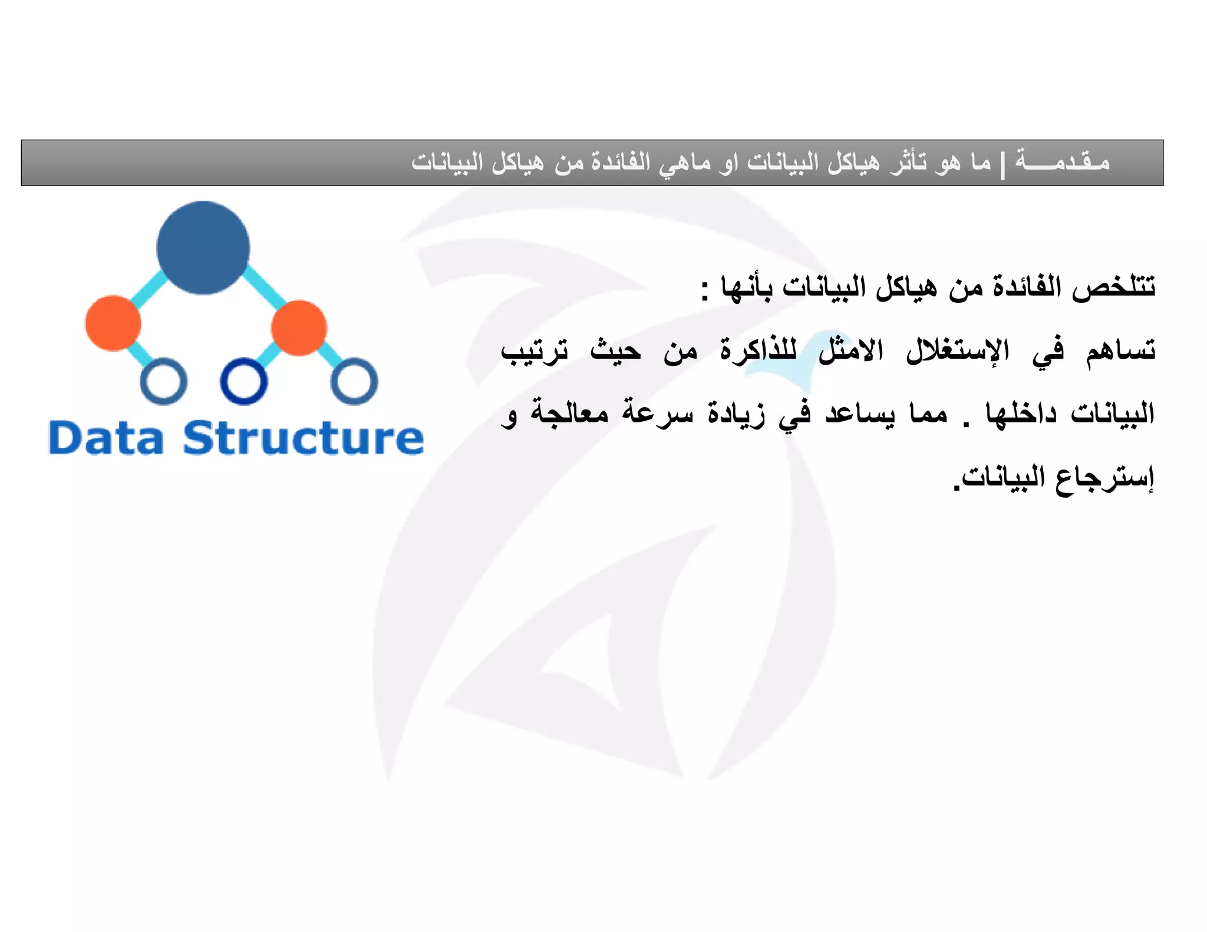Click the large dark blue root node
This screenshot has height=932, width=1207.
point(203,247)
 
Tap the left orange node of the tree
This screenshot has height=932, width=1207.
point(113,323)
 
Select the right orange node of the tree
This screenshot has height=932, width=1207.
point(299,328)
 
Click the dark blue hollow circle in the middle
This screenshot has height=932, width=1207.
point(243,381)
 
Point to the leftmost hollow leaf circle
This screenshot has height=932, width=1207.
point(164,381)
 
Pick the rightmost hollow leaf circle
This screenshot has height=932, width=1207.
point(354,381)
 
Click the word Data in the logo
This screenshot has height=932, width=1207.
point(106,438)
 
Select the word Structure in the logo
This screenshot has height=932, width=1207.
point(304,438)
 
